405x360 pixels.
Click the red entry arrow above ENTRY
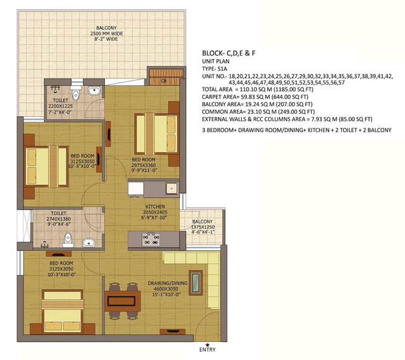207,344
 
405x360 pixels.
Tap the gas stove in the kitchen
151,240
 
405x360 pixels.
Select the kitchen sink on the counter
172,188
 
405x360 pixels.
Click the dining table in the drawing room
123,301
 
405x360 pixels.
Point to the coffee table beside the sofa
196,283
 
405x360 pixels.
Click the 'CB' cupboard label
164,81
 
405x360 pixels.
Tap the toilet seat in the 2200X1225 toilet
76,94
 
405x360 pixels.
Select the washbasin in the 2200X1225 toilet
94,91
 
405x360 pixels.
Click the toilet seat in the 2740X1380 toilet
68,240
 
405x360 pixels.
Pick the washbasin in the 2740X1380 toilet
89,243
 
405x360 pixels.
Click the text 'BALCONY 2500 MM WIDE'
107,30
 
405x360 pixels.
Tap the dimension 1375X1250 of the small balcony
203,227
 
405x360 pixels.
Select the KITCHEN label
155,207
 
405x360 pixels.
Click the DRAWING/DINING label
167,283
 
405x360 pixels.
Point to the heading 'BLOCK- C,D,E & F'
229,53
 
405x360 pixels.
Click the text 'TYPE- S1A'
215,69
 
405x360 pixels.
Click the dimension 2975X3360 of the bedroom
144,165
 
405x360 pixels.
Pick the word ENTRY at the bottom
207,349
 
